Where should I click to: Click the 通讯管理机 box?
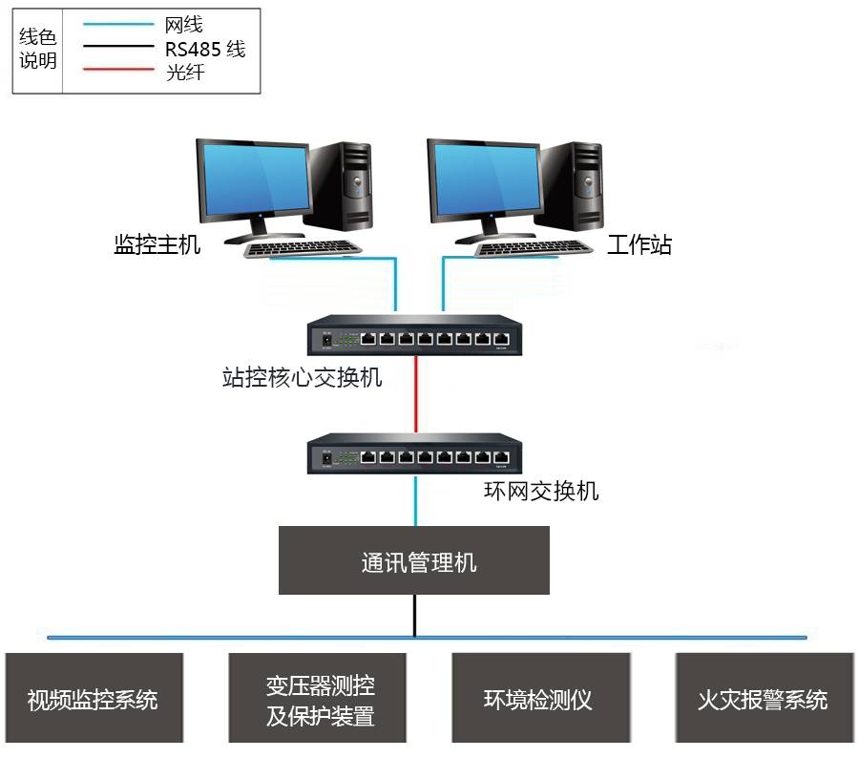click(414, 560)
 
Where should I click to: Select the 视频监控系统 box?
click(93, 699)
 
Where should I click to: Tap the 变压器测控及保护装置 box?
click(319, 699)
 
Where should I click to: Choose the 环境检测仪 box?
click(539, 699)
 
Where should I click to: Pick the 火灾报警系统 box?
click(763, 699)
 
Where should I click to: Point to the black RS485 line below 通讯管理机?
click(414, 615)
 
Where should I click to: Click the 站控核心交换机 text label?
click(302, 378)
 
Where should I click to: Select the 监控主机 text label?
click(157, 244)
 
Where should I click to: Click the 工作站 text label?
click(639, 245)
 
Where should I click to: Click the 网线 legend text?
click(184, 25)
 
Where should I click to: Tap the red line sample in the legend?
click(116, 70)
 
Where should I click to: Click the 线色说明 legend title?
click(38, 49)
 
